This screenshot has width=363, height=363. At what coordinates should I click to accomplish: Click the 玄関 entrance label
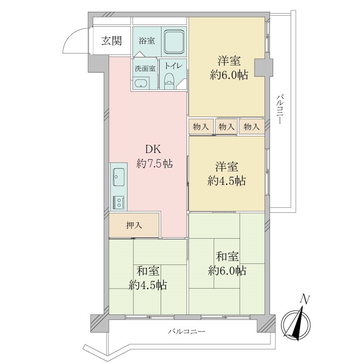(112, 41)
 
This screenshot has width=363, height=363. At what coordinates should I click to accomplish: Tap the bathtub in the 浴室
(174, 42)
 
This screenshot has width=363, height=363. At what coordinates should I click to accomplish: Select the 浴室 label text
(147, 41)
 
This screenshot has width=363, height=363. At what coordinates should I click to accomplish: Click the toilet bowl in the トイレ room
(169, 81)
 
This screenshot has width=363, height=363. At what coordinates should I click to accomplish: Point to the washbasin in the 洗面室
(141, 84)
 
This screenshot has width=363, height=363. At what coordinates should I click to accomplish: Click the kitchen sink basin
(119, 177)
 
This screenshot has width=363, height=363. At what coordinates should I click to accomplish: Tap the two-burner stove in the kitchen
(119, 202)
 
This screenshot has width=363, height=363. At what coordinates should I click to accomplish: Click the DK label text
(153, 149)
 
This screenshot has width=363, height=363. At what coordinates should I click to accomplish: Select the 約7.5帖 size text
(154, 164)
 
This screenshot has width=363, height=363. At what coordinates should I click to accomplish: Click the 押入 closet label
(134, 225)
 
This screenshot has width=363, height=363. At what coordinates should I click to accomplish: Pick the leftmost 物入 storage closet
(201, 127)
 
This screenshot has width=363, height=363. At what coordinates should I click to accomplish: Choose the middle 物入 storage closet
(226, 127)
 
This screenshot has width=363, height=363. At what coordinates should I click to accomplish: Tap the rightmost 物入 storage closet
(252, 127)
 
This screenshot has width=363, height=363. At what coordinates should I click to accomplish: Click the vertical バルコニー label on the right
(280, 109)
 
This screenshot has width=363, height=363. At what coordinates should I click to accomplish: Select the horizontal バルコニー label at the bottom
(186, 332)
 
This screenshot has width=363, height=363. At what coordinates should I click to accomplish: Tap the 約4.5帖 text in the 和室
(148, 285)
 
